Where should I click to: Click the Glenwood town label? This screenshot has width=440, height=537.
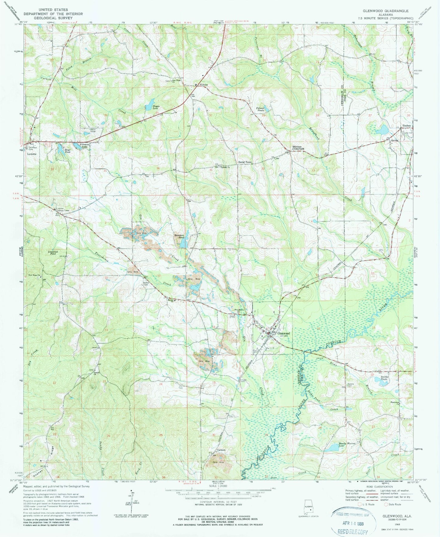click(x=283, y=334)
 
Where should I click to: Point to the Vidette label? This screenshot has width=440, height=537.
click(x=203, y=85)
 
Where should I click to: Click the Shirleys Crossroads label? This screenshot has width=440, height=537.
click(x=298, y=147)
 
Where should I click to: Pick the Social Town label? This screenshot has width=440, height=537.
click(x=245, y=162)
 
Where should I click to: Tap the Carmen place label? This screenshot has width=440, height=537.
click(x=221, y=450)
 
